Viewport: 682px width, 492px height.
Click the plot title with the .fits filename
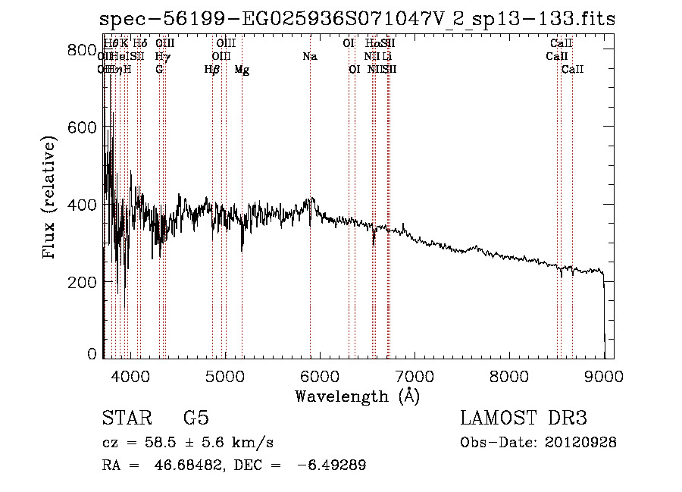coord(357,18)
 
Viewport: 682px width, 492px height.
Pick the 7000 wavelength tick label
coord(415,375)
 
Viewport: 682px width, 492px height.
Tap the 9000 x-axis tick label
coord(605,375)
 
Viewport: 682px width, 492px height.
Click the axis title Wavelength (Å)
coord(357,396)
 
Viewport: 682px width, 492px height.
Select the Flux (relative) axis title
coord(50,199)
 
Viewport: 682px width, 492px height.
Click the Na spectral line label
coord(309,56)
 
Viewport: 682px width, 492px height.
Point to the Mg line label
coord(242,70)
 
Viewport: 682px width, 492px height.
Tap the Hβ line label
coord(212,70)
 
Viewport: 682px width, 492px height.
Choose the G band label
coord(159,70)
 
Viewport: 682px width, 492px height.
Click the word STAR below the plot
coord(125,418)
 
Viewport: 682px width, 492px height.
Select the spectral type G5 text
coord(196,418)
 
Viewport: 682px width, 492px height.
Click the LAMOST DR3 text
coord(523,418)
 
